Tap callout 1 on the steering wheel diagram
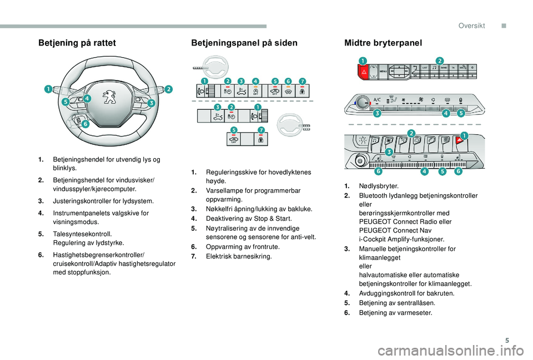click(x=49, y=89)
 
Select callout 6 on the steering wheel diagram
click(x=85, y=125)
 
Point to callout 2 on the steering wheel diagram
click(x=168, y=89)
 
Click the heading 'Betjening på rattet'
click(x=77, y=43)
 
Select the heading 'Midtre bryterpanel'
click(x=384, y=43)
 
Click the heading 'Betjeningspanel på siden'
click(x=244, y=43)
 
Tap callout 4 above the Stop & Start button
click(x=255, y=81)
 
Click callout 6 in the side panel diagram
click(x=289, y=81)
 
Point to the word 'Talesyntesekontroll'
click(x=82, y=234)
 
